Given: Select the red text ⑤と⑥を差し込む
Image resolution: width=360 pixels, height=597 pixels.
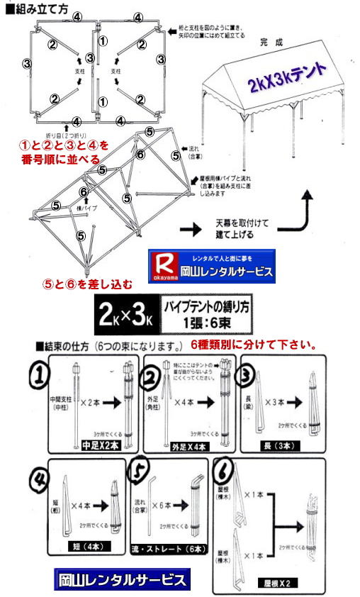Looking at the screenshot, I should tap(87, 284).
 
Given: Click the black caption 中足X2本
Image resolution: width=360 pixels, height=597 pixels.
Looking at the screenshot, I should tap(97, 447).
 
